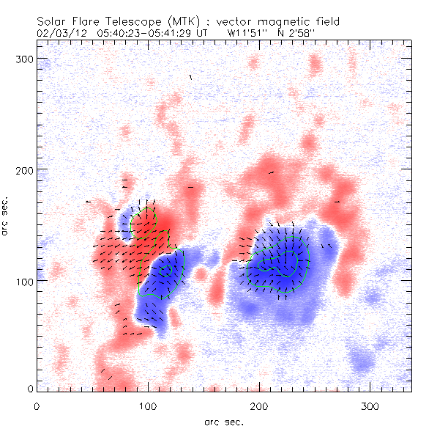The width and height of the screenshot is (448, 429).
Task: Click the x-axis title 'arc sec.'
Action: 223,422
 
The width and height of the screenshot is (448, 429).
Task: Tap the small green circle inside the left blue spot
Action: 167,270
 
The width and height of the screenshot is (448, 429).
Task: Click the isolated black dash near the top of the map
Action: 191,76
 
